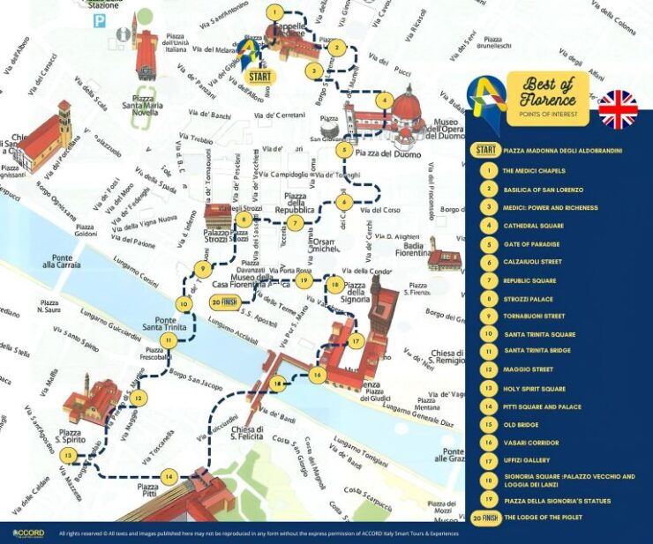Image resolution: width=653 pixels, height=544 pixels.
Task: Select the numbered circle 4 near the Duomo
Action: click(x=384, y=101)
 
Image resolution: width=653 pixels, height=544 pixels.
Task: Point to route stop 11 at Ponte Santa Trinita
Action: click(x=167, y=340)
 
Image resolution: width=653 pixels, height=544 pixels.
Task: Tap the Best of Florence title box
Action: click(x=546, y=98)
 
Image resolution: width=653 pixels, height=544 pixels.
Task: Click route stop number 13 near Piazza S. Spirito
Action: click(x=68, y=456)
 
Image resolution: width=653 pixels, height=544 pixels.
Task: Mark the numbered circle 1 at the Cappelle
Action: click(x=276, y=13)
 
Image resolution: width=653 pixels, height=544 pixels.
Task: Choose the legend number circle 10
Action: click(x=486, y=334)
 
